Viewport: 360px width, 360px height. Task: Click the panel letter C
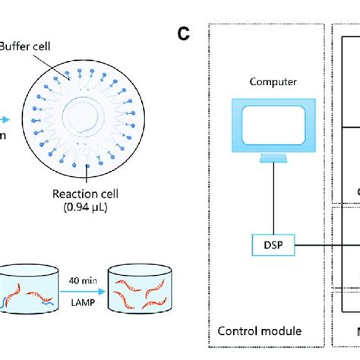pyautogui.click(x=183, y=33)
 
